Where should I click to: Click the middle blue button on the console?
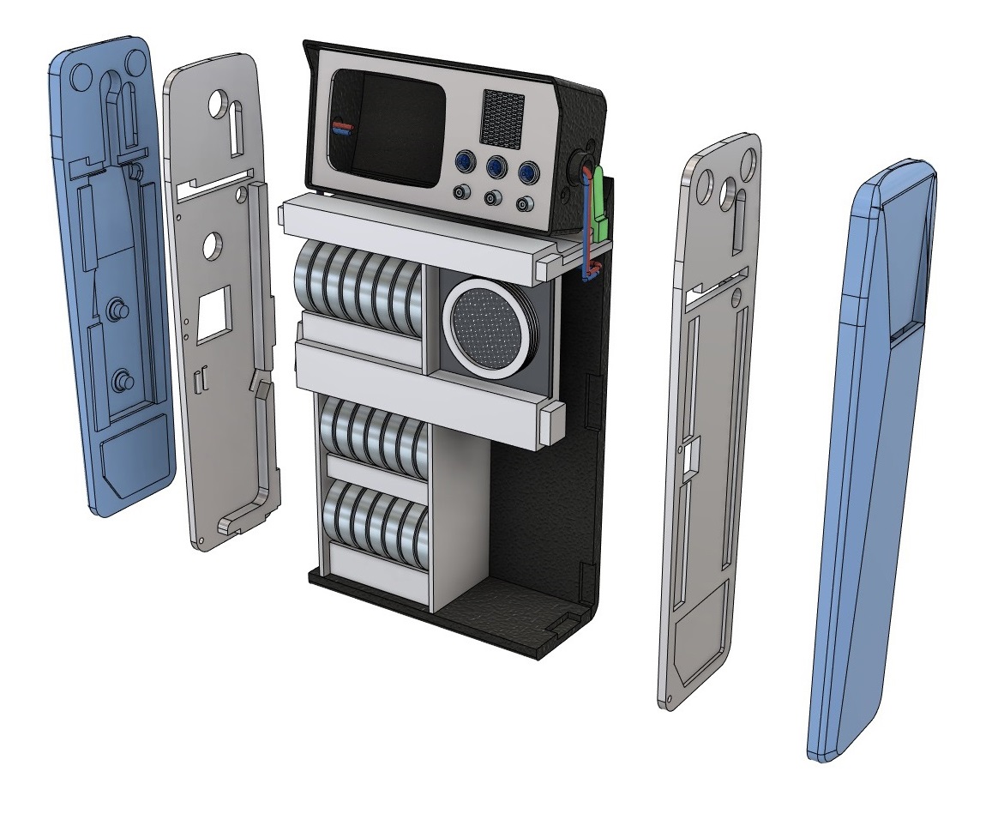(x=494, y=166)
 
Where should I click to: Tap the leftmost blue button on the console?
(x=464, y=162)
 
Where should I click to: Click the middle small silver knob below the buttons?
(x=490, y=199)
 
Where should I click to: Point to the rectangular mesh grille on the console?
(x=502, y=118)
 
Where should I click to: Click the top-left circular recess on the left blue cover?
(x=84, y=76)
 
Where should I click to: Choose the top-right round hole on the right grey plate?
(x=748, y=159)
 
